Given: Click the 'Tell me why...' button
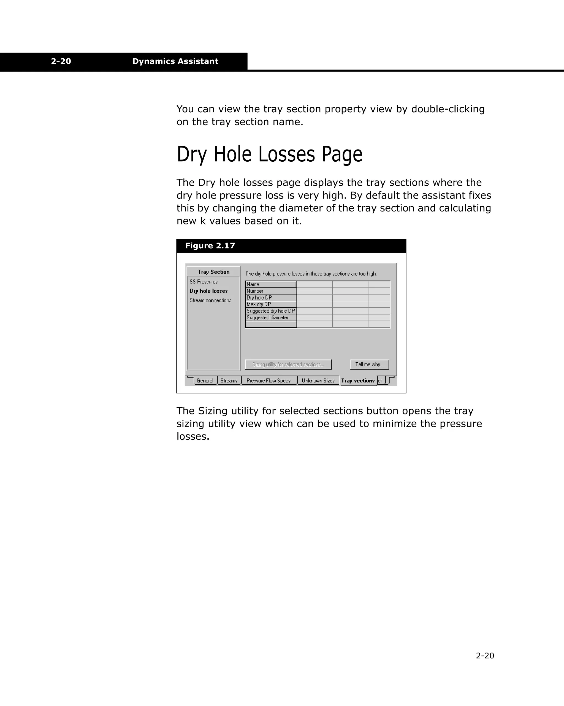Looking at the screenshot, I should tap(370, 365).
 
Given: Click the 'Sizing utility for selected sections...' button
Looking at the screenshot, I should tap(288, 365).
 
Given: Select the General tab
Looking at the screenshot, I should tap(205, 381).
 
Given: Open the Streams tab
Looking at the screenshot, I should tap(229, 381).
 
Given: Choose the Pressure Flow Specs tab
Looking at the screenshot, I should tap(269, 381).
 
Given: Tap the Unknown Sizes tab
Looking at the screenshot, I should tap(318, 381).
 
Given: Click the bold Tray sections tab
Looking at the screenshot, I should tap(358, 381).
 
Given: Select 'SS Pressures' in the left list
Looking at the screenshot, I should tap(204, 282).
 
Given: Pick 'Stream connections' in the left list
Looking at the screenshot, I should tap(210, 300).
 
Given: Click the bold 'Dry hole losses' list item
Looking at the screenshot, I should tap(209, 291).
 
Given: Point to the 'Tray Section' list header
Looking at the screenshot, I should tap(213, 272).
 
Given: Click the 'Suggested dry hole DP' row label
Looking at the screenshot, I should tap(270, 311).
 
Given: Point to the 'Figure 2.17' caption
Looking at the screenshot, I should tap(210, 246).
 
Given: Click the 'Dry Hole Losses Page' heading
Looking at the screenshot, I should tap(269, 154).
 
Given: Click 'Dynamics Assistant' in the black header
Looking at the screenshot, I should tap(175, 61).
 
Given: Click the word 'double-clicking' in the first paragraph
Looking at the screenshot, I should tap(448, 109).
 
